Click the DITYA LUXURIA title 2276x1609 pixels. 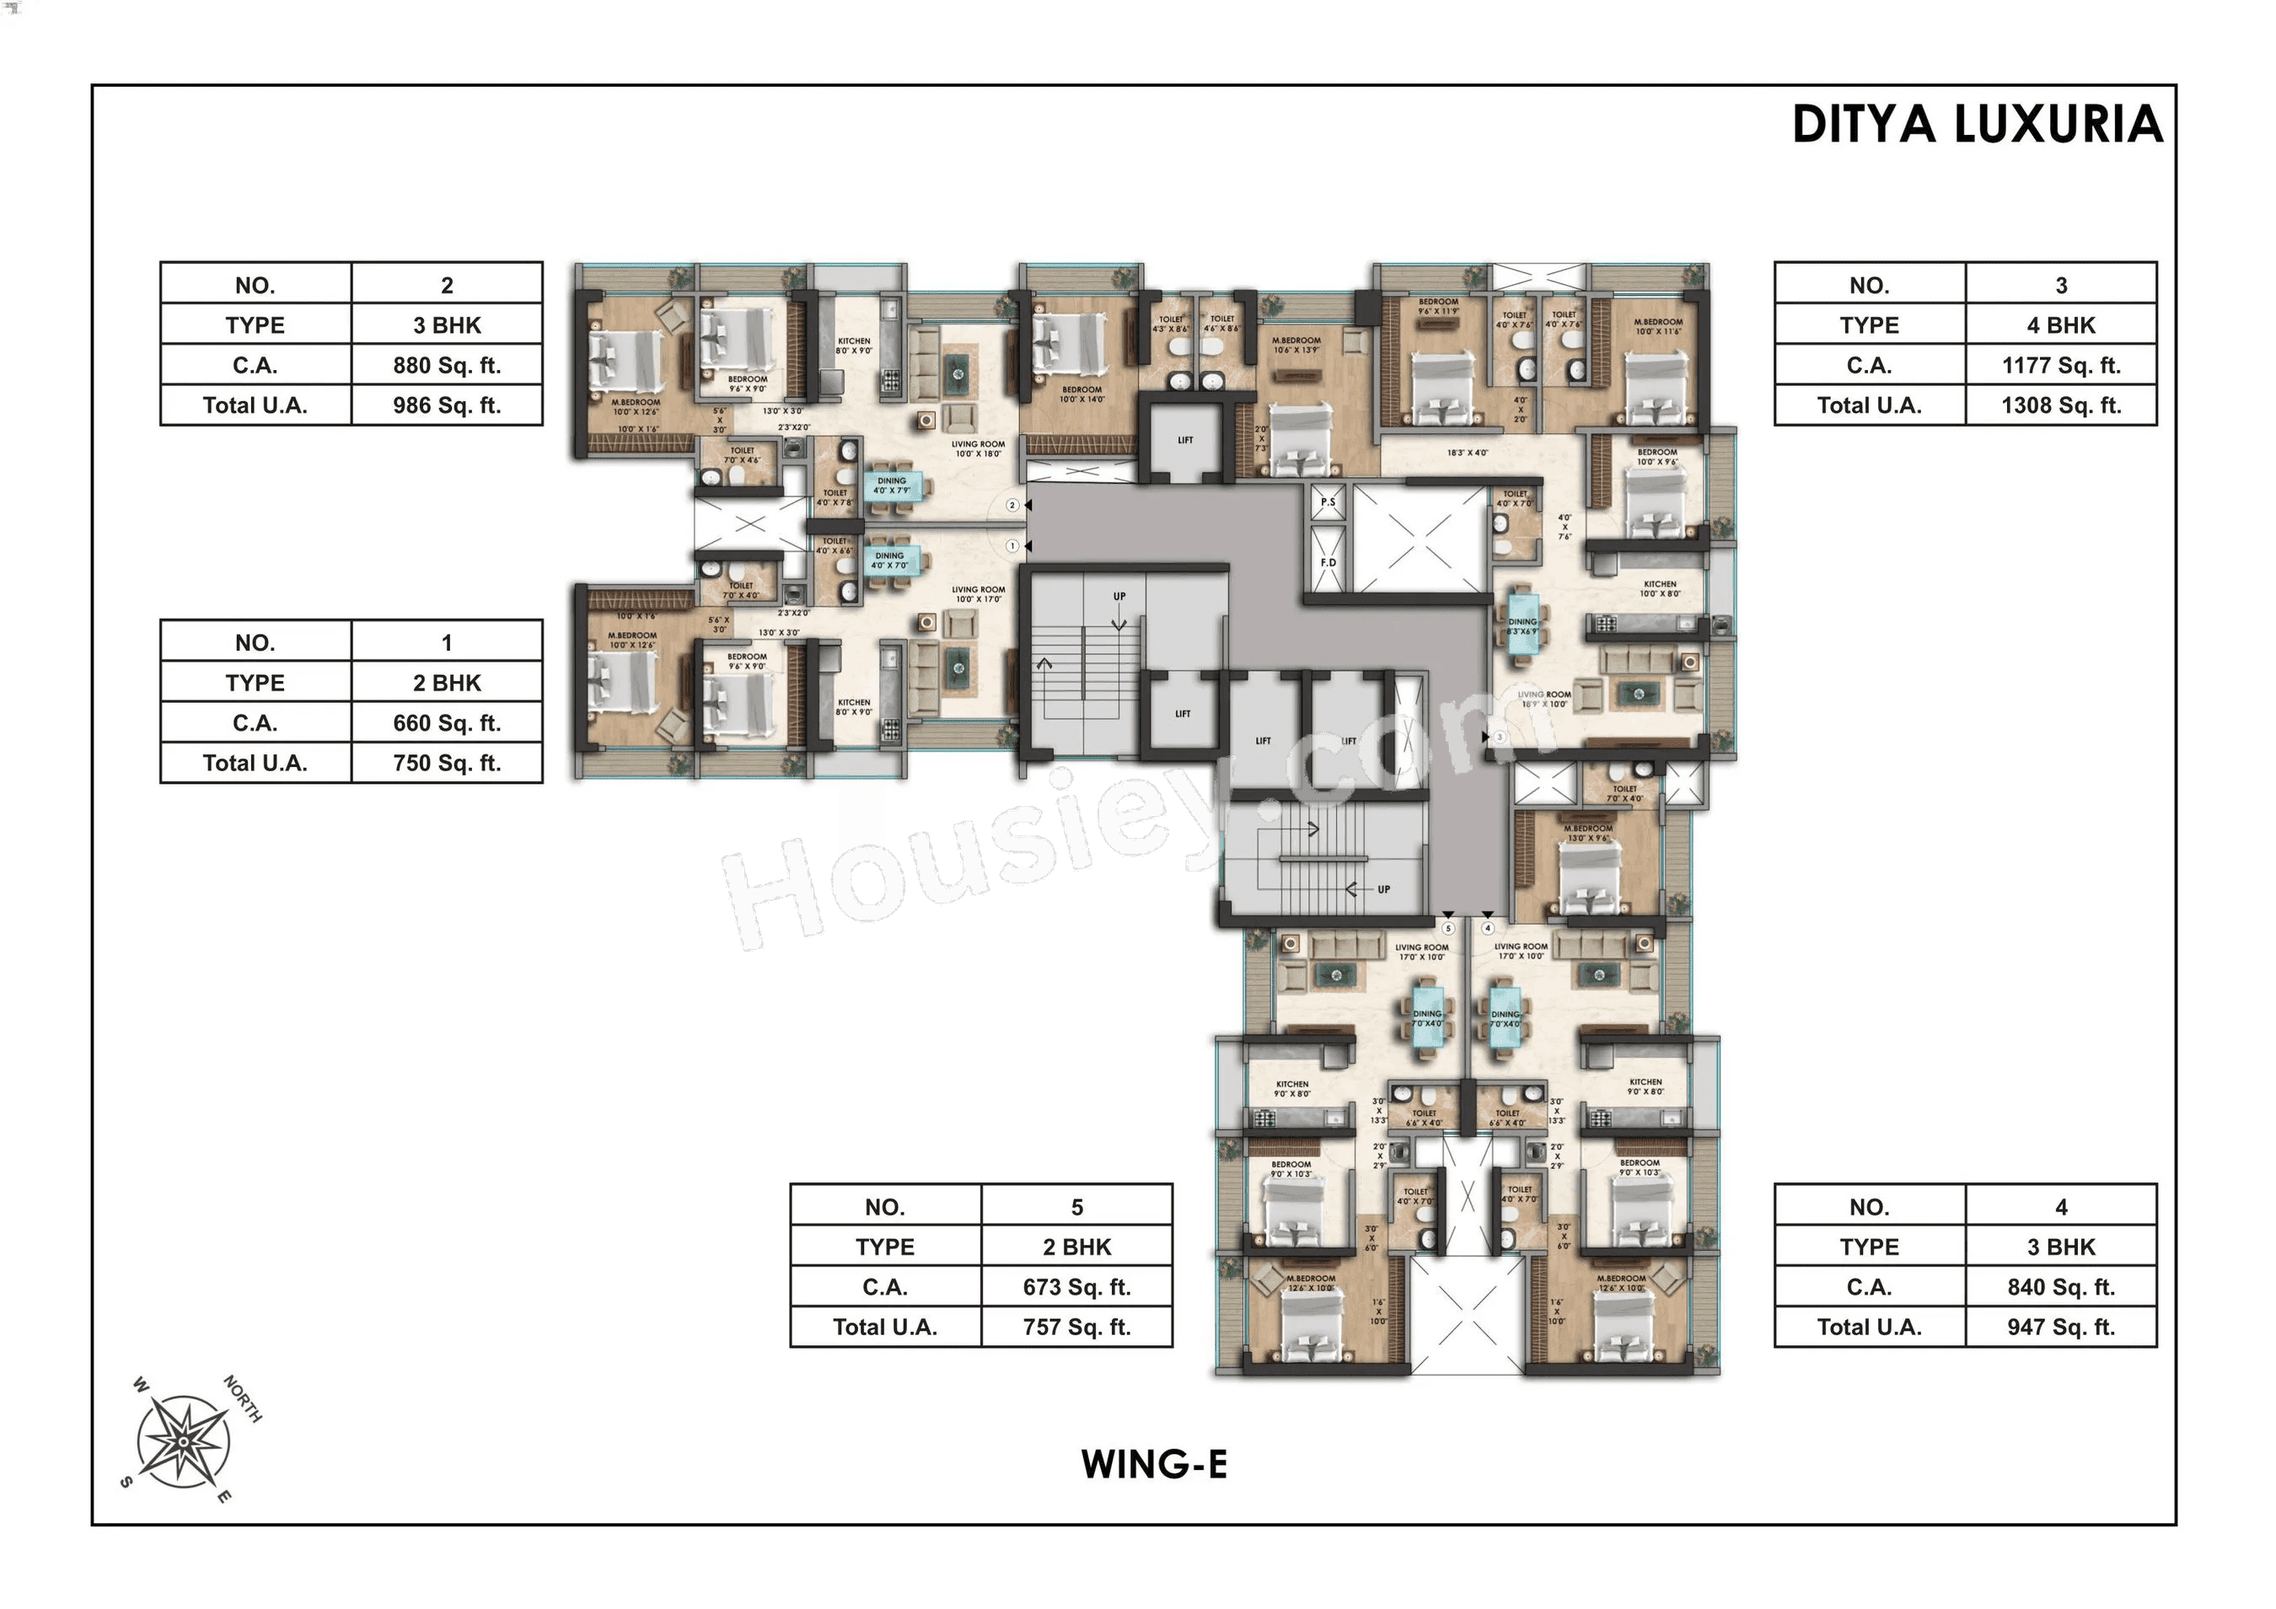point(1977,125)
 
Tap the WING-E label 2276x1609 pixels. point(1154,1464)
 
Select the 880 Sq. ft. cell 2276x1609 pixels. point(446,365)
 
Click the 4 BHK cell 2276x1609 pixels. point(2060,325)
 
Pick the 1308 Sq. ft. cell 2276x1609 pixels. point(2060,405)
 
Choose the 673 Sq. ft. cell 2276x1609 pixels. point(1076,1287)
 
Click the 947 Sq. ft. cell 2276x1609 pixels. point(2060,1327)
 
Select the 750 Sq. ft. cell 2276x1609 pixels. point(446,764)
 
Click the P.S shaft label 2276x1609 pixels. point(1328,502)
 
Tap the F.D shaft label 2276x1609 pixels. point(1328,562)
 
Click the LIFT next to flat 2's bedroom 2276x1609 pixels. point(1184,440)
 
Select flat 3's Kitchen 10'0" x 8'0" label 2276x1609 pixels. point(1660,589)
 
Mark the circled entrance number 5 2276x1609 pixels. point(1448,929)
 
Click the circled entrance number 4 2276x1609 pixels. point(1487,929)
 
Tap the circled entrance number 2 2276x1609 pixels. point(1012,506)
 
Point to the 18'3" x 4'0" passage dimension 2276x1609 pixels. point(1467,453)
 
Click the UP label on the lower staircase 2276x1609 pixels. point(1382,889)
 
